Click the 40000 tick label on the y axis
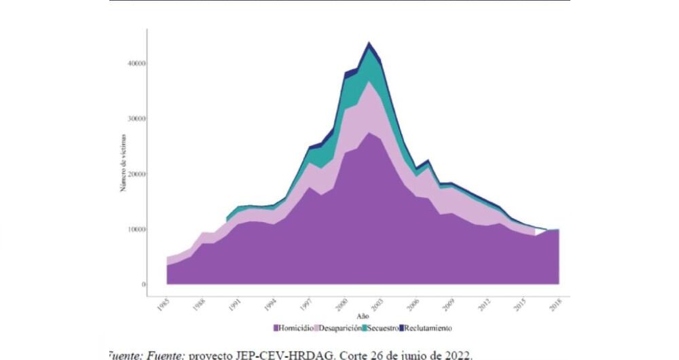136,63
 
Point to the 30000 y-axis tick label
136,118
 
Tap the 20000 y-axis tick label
136,174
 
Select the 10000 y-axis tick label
136,230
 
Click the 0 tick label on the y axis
143,285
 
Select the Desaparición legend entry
337,328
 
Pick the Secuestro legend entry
380,328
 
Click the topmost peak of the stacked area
369,43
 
